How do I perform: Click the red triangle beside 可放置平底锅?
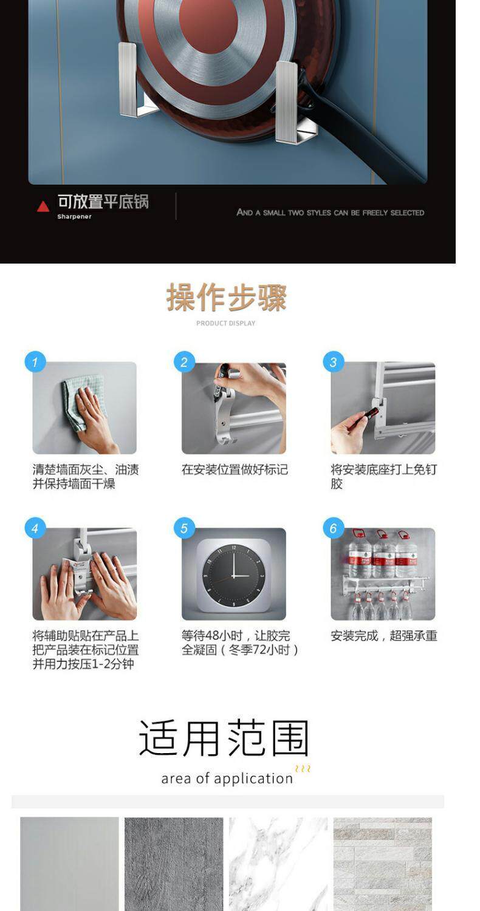point(43,207)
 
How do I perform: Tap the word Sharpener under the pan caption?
point(75,216)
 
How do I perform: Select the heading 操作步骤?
point(226,298)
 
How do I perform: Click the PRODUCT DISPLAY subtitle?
point(226,323)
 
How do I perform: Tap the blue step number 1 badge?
point(35,361)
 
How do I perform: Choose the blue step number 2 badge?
point(184,361)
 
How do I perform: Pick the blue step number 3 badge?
point(334,361)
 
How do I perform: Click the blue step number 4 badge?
point(35,528)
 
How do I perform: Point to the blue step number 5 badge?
point(184,528)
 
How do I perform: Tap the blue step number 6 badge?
point(334,528)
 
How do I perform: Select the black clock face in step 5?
point(234,575)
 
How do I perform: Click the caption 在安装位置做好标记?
point(235,469)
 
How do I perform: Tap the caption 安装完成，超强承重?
point(383,636)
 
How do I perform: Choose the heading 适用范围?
point(224,738)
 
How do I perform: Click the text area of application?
point(227,778)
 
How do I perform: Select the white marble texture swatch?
point(278,864)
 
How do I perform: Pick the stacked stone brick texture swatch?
point(382,864)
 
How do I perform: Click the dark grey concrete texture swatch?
point(174,864)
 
